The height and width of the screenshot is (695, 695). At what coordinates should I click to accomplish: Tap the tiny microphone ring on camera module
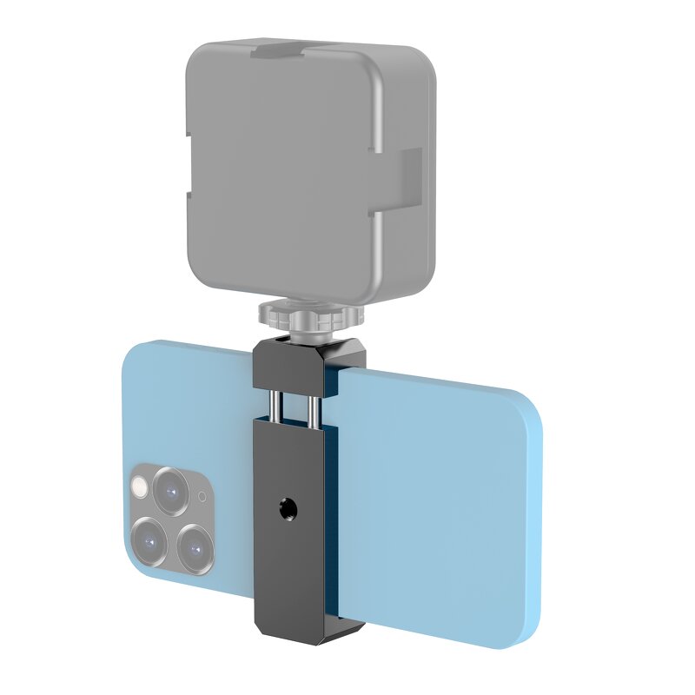(x=202, y=497)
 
